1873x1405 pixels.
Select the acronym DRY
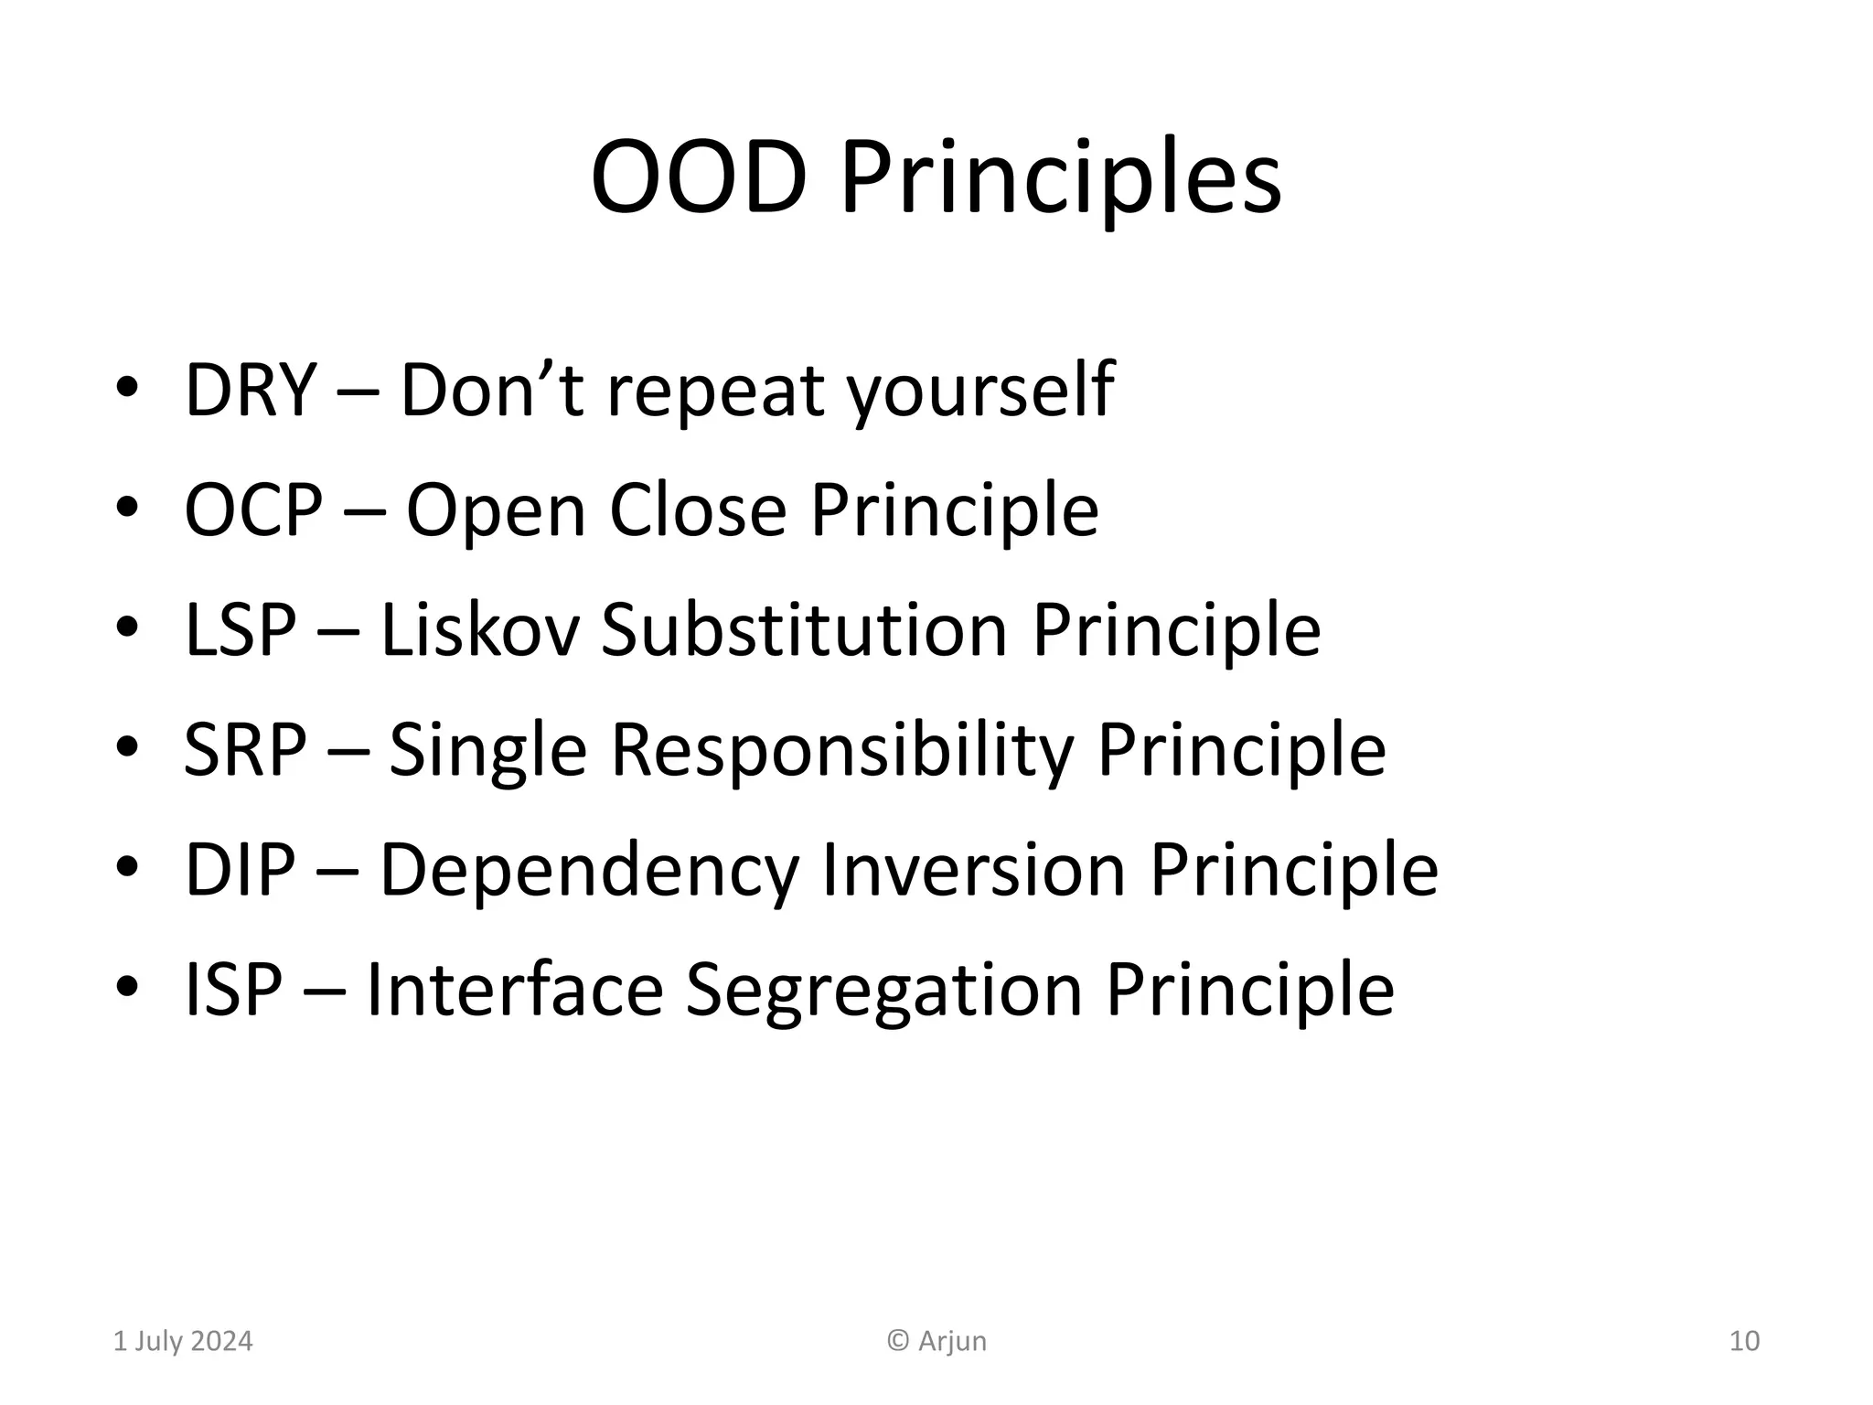250,391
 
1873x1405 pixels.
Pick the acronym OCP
253,510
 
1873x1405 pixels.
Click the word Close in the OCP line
698,510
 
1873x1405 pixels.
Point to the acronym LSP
240,630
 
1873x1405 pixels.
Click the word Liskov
479,630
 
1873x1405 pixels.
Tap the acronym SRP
244,750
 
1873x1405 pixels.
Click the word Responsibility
841,750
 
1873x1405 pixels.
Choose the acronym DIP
240,870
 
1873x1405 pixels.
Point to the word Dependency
589,870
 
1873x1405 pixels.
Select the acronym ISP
233,990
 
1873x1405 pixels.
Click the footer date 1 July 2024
183,1341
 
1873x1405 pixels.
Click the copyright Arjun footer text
937,1341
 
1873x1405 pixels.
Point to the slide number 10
1744,1341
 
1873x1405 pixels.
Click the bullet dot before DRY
127,388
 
